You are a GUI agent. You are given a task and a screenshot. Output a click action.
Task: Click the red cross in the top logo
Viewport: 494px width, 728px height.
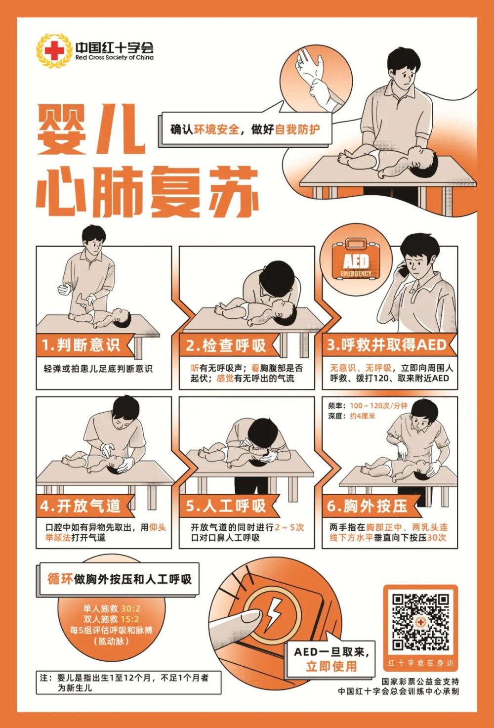tap(54, 51)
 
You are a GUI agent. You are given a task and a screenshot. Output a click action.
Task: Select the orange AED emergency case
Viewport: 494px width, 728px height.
tap(356, 258)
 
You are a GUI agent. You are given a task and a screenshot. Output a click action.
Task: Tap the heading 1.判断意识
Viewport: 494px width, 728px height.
tap(81, 345)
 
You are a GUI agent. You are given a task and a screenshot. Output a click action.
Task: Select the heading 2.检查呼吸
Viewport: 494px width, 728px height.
tap(226, 345)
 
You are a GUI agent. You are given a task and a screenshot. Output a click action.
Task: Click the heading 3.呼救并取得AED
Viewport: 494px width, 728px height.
tap(386, 345)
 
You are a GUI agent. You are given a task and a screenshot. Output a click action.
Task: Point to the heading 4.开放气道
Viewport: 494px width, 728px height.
tap(81, 506)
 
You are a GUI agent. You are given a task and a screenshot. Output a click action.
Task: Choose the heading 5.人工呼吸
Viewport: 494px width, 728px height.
tap(226, 506)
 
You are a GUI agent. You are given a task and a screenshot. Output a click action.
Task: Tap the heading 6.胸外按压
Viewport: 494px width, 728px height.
tap(367, 506)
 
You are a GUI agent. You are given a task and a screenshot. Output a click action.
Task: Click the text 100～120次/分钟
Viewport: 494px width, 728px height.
tap(378, 406)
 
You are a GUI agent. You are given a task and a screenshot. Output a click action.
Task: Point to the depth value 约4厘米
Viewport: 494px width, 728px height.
tap(363, 416)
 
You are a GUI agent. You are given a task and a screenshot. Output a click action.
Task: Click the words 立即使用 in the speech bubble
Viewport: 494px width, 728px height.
tap(331, 666)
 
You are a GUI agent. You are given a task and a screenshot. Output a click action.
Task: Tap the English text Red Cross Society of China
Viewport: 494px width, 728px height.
tap(114, 57)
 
